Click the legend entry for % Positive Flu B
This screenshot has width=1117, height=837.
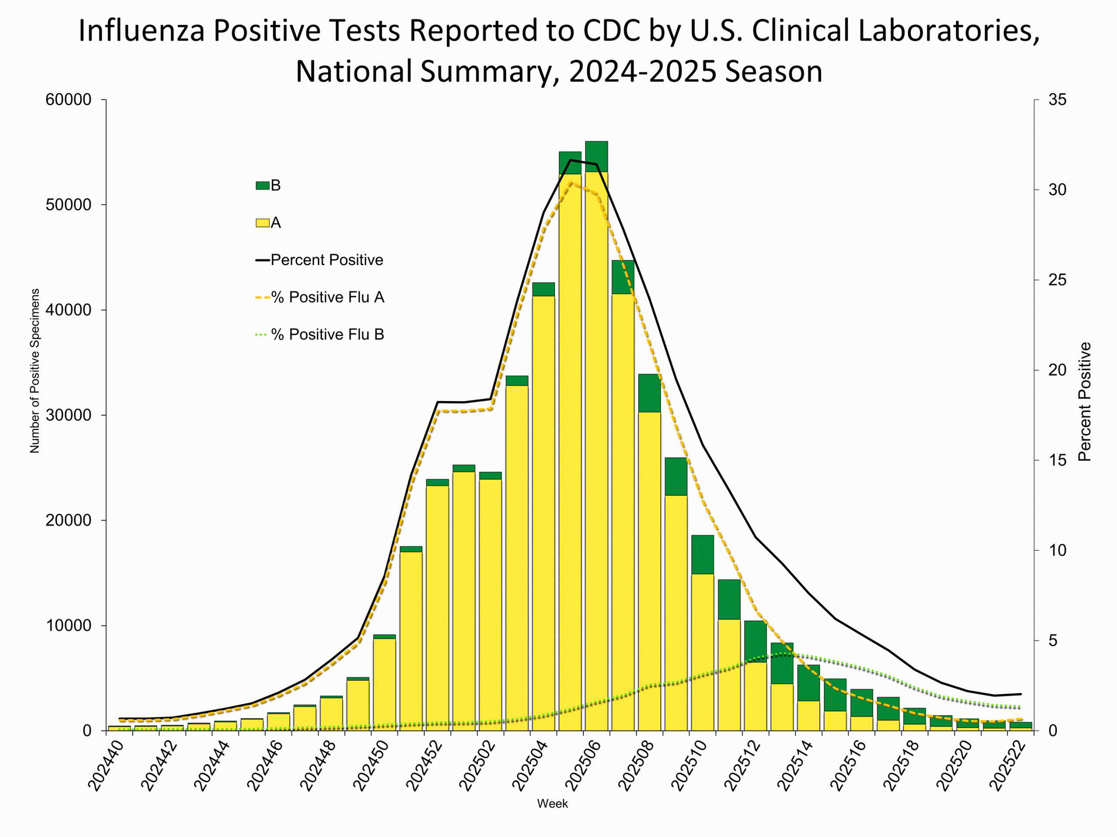tap(327, 334)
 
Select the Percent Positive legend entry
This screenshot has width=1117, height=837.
tap(327, 260)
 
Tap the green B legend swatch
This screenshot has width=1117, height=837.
tap(262, 186)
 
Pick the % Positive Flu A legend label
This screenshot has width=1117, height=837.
tap(327, 297)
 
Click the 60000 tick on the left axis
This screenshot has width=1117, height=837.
tap(69, 100)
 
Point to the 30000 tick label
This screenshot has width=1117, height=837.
tap(69, 415)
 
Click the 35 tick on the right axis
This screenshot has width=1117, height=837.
tap(1057, 100)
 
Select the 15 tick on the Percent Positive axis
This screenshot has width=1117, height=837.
tap(1057, 460)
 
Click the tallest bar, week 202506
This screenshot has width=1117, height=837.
tap(596, 454)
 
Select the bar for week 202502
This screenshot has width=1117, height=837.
tap(490, 606)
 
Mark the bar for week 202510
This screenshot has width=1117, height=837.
tap(702, 656)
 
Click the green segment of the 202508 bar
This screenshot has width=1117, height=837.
tap(649, 393)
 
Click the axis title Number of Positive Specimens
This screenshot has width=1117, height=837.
tap(34, 371)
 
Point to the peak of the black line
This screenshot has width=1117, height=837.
tap(570, 160)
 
